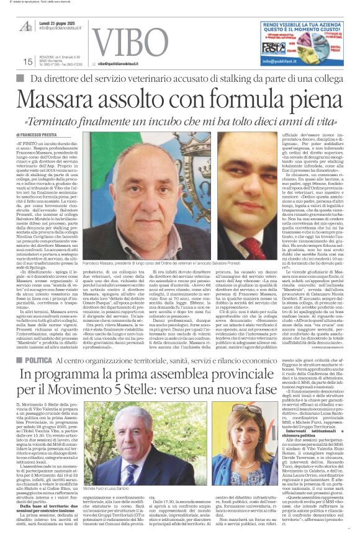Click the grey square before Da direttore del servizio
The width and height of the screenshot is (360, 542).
pyautogui.click(x=19, y=79)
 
